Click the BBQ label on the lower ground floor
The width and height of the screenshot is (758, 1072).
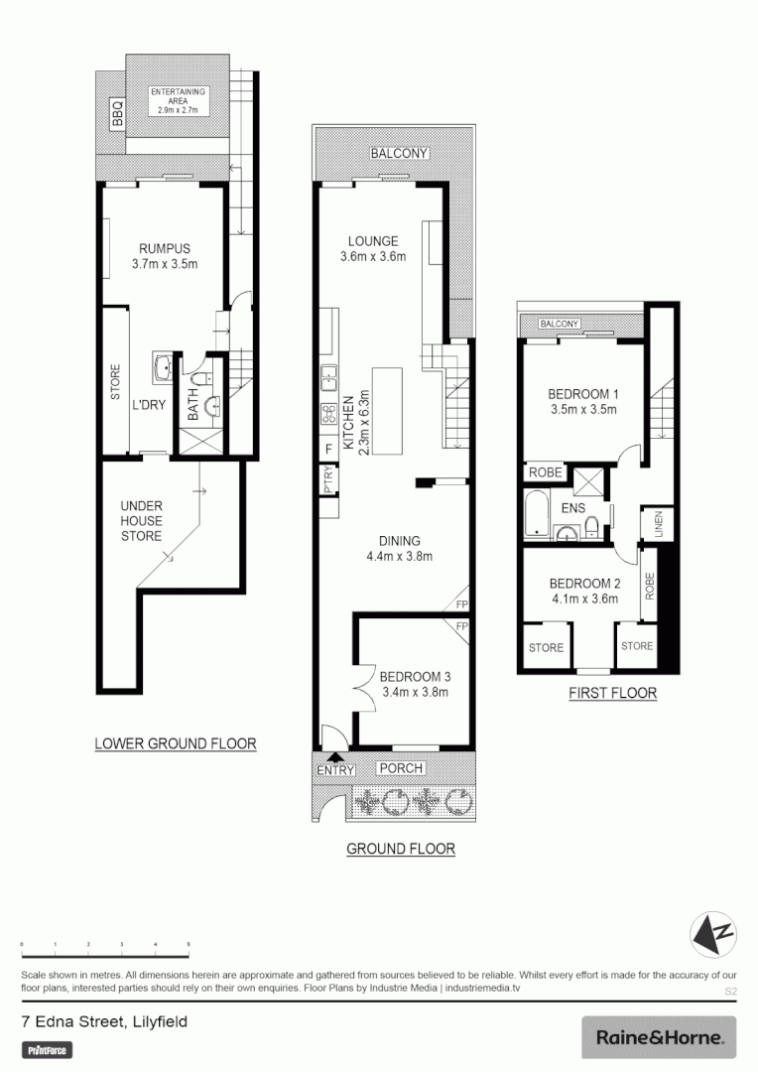115,117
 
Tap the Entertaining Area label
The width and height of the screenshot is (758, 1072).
179,100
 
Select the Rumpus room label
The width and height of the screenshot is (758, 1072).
165,256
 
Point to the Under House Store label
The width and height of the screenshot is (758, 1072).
142,521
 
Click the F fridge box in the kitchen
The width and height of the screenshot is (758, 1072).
328,450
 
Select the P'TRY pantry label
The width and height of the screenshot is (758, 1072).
328,481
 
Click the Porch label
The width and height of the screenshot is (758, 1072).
401,768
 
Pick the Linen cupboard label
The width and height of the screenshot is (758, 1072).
656,526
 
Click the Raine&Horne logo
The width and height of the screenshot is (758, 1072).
659,1038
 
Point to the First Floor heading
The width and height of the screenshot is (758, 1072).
612,693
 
